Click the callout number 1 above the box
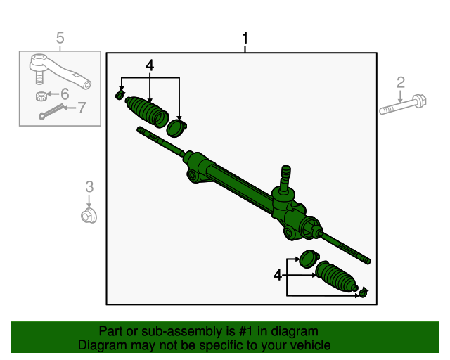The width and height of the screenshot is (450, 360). pyautogui.click(x=245, y=38)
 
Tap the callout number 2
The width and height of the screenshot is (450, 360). pyautogui.click(x=401, y=83)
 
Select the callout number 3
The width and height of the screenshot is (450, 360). pyautogui.click(x=89, y=186)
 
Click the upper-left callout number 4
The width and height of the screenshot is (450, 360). pyautogui.click(x=150, y=65)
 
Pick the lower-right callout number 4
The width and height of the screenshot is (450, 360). pyautogui.click(x=278, y=276)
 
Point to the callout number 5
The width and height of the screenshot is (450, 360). pyautogui.click(x=60, y=38)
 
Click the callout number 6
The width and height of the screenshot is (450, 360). pyautogui.click(x=65, y=94)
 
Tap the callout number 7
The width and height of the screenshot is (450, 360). pyautogui.click(x=81, y=108)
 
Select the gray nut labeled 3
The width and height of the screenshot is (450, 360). pyautogui.click(x=89, y=214)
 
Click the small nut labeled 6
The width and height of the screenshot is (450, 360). pyautogui.click(x=42, y=96)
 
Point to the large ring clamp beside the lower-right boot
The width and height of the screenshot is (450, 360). pyautogui.click(x=308, y=259)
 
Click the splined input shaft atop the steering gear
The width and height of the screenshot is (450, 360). pyautogui.click(x=285, y=176)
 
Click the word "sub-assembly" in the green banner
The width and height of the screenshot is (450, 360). pyautogui.click(x=164, y=331)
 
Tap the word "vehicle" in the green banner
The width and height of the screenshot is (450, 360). pyautogui.click(x=308, y=345)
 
